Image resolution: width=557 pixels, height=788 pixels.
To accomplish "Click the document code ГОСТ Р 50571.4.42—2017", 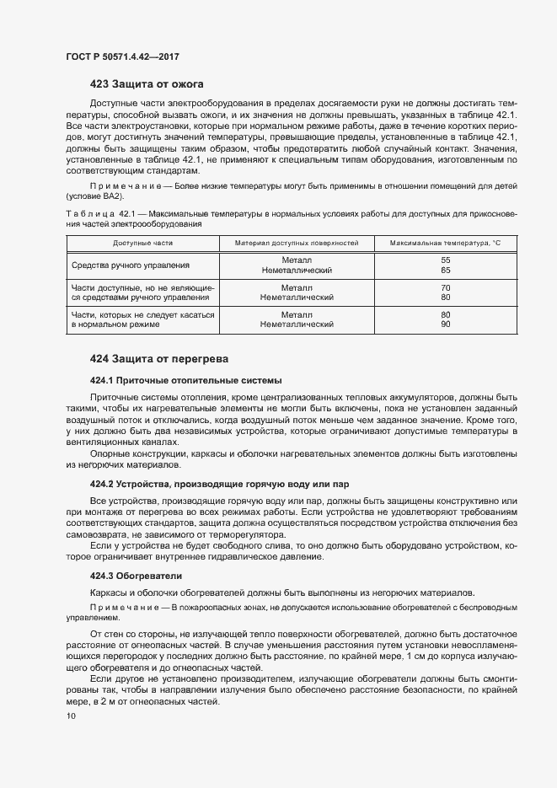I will click(122, 57).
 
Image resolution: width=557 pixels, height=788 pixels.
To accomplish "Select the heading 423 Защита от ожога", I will click(146, 83).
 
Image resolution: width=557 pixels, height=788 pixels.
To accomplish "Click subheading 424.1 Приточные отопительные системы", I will click(185, 380).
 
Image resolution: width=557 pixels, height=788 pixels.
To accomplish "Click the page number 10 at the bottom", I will click(71, 716).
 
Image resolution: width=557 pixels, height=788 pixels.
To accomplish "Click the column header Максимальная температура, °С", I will click(445, 243).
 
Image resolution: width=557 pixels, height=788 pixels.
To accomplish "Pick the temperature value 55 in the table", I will click(446, 260).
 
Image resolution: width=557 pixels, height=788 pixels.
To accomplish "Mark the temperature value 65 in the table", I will click(446, 271).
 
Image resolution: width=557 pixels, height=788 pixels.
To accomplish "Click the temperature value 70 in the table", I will click(446, 288).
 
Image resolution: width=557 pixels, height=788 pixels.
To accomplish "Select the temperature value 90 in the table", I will click(446, 324).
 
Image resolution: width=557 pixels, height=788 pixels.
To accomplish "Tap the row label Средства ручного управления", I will click(131, 265).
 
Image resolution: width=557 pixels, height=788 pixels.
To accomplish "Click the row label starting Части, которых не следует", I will click(143, 314).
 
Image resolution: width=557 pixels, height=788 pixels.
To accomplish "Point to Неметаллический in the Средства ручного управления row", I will click(296, 271).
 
